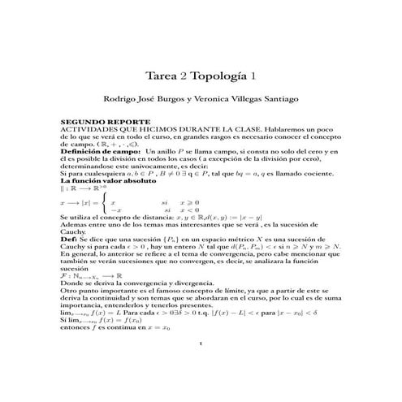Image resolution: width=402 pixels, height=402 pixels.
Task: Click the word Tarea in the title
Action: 160,76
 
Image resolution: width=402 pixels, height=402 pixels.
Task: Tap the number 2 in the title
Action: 184,76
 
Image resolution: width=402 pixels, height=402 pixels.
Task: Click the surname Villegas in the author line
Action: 262,100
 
